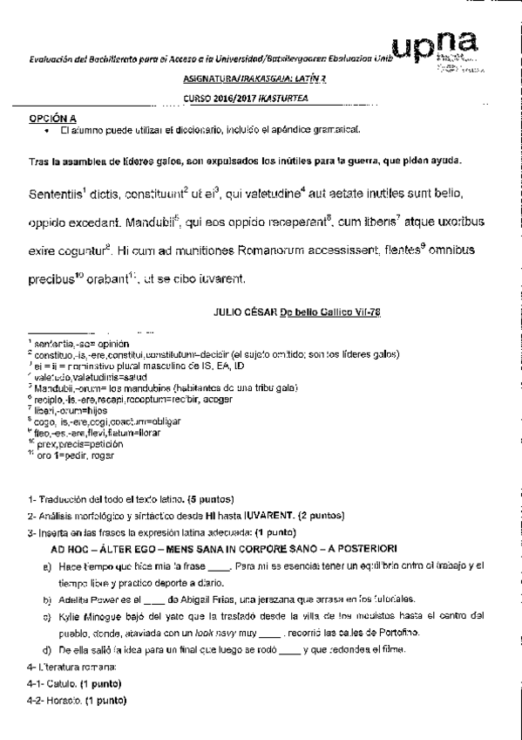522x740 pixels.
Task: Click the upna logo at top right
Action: pyautogui.click(x=440, y=45)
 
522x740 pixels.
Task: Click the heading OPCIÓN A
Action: pyautogui.click(x=53, y=116)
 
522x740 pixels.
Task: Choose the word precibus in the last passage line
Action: pyautogui.click(x=49, y=280)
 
